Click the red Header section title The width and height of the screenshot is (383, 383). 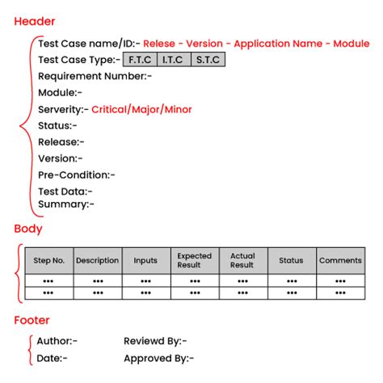click(35, 21)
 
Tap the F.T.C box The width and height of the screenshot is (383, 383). click(140, 60)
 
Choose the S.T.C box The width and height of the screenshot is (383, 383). click(208, 60)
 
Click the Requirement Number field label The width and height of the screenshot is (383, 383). click(95, 76)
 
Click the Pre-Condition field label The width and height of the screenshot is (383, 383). click(76, 175)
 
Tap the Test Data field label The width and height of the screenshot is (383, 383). click(65, 191)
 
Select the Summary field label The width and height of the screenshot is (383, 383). click(65, 204)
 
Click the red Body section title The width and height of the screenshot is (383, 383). click(28, 229)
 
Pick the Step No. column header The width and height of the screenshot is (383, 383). click(49, 260)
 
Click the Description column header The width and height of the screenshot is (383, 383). click(97, 260)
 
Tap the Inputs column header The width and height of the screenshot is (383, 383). click(145, 260)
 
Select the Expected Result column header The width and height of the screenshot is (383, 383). click(194, 260)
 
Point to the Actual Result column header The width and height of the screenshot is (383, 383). click(242, 260)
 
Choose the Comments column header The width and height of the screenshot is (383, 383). click(340, 260)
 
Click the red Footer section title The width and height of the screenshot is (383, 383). click(32, 320)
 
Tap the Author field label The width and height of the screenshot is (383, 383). click(57, 342)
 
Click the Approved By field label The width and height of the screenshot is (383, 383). click(158, 358)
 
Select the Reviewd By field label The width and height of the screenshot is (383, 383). click(155, 342)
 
